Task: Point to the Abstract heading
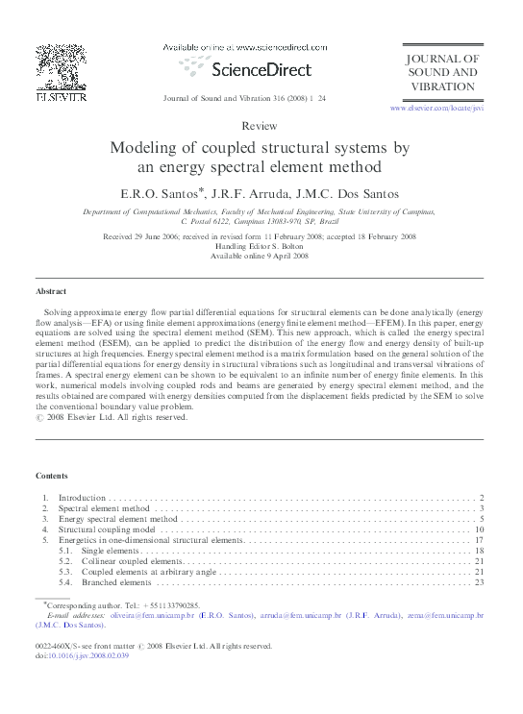point(51,290)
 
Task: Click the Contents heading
point(52,476)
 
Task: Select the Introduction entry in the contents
point(83,498)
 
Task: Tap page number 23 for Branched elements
point(478,582)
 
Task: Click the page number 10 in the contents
point(478,529)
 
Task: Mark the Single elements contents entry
point(111,551)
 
